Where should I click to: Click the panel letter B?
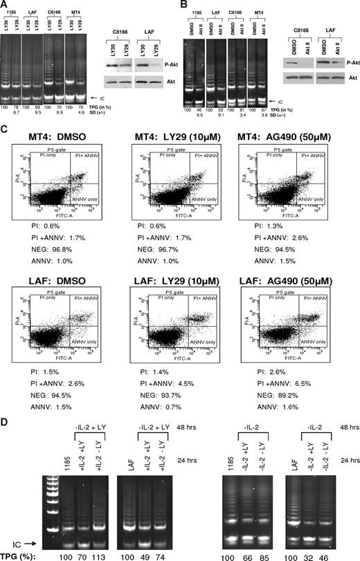click(x=183, y=5)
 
